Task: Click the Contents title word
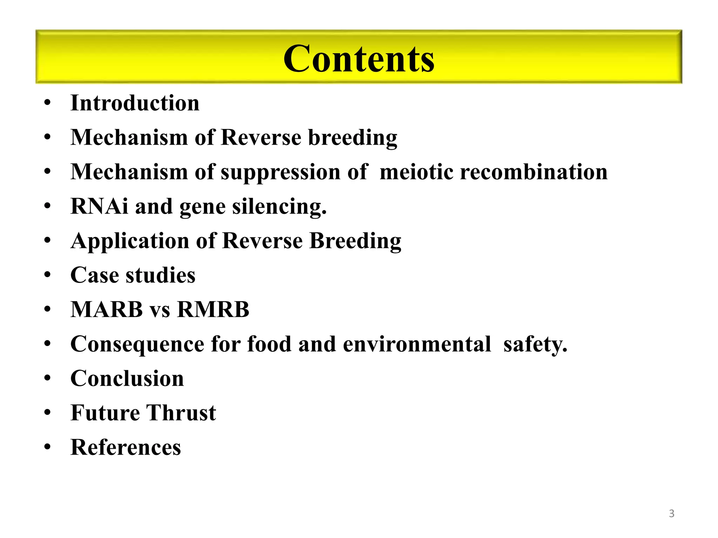[359, 59]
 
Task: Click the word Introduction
[135, 103]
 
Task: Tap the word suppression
[280, 172]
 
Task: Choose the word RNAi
[99, 206]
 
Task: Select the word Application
[130, 241]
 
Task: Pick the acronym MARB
[107, 310]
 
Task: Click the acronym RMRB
[213, 310]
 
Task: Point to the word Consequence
[137, 344]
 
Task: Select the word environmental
[417, 344]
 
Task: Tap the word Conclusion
[127, 379]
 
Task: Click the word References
[126, 448]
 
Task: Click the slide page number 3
[671, 513]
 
